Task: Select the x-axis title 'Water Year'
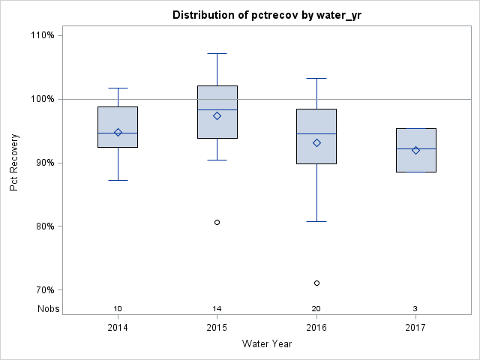(x=266, y=344)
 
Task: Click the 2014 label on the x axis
(x=118, y=328)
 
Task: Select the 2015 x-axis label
(x=217, y=328)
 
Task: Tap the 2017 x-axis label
(x=415, y=328)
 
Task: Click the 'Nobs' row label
(x=49, y=309)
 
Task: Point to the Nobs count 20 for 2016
(x=316, y=309)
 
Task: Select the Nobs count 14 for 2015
(x=217, y=309)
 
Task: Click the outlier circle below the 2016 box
(x=316, y=283)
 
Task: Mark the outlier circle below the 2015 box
(x=217, y=222)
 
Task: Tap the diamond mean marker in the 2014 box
(x=118, y=133)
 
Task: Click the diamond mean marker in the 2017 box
(x=415, y=150)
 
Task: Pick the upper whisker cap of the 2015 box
(x=217, y=53)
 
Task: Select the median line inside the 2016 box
(x=316, y=133)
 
